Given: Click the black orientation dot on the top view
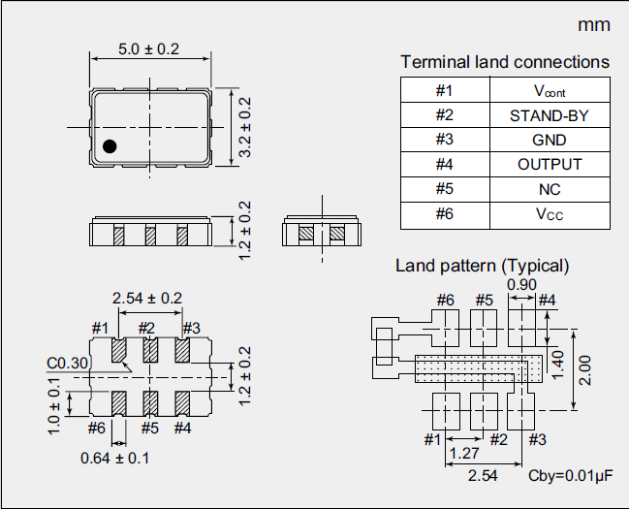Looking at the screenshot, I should click(x=110, y=146).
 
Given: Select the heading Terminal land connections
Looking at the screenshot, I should click(x=505, y=62).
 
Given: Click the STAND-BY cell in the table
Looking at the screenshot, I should click(x=549, y=115).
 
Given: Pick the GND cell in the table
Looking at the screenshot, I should click(x=549, y=140).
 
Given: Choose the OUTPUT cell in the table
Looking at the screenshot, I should click(x=549, y=164).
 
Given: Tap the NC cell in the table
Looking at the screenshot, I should click(x=549, y=189).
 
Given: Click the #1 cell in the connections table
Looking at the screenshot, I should click(x=445, y=91).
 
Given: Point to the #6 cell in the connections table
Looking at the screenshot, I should click(x=445, y=213).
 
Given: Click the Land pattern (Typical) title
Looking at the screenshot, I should click(x=482, y=266).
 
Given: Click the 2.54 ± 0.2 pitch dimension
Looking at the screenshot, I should click(x=147, y=298).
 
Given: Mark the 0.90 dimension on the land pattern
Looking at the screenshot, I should click(x=521, y=284).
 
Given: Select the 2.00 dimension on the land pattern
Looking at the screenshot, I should click(x=584, y=367).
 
